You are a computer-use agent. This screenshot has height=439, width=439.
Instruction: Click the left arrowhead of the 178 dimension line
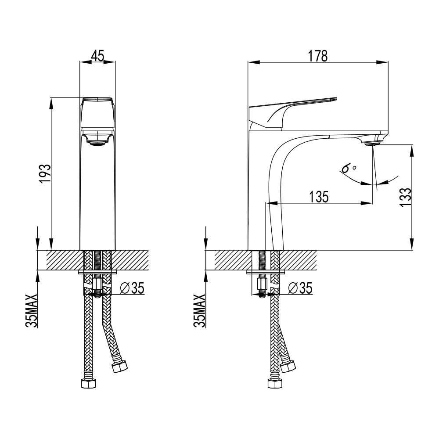(253, 62)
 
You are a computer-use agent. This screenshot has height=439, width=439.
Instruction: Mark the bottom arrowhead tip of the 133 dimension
(412, 249)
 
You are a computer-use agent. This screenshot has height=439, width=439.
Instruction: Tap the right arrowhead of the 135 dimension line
(367, 203)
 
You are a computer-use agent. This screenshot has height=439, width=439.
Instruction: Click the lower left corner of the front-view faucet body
(80, 250)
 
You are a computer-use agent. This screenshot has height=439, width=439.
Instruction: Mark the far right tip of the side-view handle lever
(337, 98)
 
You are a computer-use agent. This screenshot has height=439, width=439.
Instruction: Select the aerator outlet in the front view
(97, 144)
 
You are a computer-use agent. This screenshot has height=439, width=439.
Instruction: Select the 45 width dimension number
(98, 55)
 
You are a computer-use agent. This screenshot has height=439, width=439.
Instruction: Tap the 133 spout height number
(406, 197)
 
